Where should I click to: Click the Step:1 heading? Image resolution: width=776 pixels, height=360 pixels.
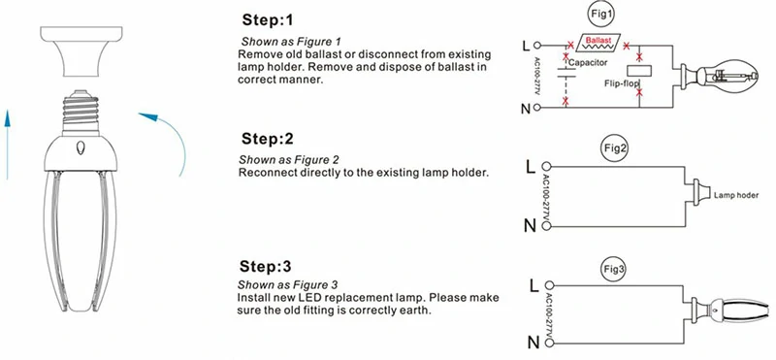tap(268, 20)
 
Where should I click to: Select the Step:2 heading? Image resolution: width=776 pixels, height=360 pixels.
tap(268, 139)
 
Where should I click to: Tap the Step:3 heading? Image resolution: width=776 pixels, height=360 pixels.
tap(266, 267)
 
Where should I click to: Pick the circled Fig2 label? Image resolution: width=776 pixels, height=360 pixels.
tap(615, 148)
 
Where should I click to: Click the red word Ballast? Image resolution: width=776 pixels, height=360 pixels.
tap(598, 39)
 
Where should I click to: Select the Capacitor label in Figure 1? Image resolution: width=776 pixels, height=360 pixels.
tap(588, 63)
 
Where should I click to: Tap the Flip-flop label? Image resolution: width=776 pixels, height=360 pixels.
tap(622, 83)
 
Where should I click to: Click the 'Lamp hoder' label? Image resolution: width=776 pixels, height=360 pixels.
tap(736, 196)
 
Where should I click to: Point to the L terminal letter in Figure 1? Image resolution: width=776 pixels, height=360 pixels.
tap(526, 47)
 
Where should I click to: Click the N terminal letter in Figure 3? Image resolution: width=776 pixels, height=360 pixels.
tap(533, 343)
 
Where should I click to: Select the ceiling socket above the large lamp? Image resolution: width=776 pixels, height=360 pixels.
tap(81, 51)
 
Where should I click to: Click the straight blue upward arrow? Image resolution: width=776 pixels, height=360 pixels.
tap(8, 145)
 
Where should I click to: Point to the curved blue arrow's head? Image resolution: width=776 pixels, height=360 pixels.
tap(148, 117)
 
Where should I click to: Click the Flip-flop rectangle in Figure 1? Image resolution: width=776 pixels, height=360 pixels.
tap(639, 70)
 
